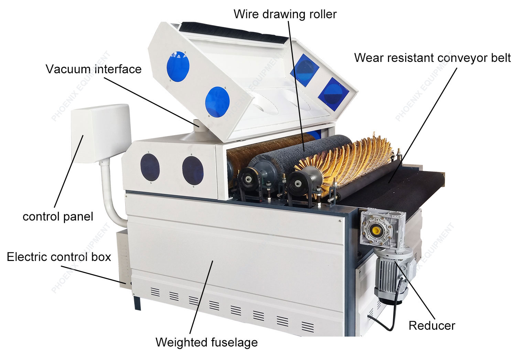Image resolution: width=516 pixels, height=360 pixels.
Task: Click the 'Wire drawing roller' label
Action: click(285, 14)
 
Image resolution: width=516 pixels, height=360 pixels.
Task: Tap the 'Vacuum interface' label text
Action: click(94, 69)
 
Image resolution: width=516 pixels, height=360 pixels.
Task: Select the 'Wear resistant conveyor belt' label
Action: click(432, 58)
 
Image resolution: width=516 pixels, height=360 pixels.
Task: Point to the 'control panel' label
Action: click(58, 217)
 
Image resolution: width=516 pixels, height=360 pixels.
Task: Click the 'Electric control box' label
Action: click(59, 257)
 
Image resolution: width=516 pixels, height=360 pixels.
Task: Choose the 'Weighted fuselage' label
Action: click(207, 342)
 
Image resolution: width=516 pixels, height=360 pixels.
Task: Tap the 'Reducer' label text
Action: click(432, 326)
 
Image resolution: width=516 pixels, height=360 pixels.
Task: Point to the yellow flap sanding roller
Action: click(345, 161)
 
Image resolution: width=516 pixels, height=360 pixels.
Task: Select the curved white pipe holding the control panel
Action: click(110, 196)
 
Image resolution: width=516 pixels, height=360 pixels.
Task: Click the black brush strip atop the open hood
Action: click(233, 33)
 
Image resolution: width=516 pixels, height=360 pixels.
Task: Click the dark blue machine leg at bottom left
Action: click(137, 303)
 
